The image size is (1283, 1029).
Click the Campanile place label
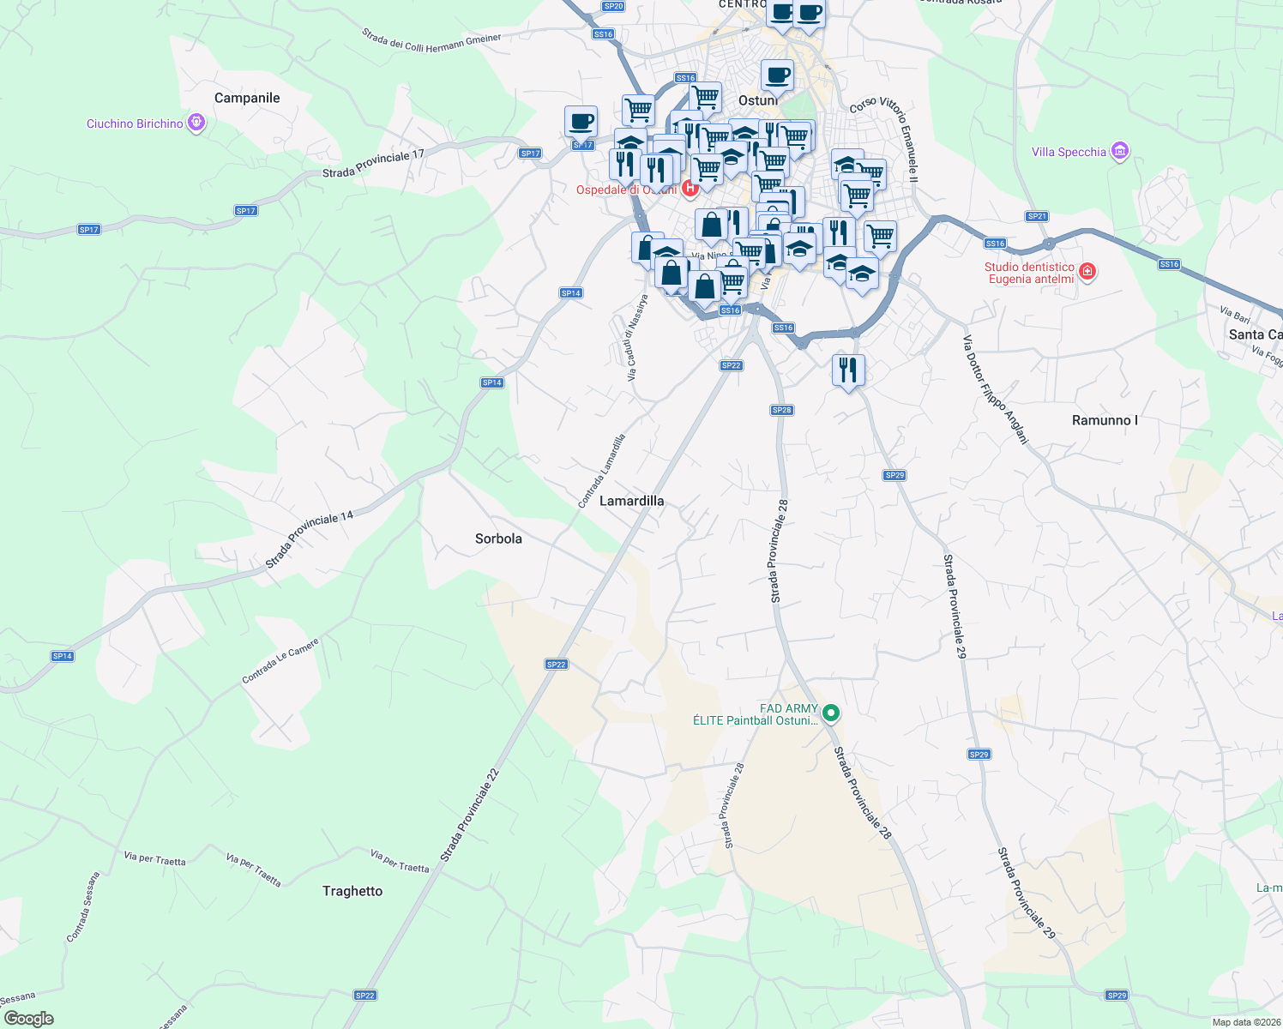(247, 98)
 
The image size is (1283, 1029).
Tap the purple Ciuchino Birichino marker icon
(196, 123)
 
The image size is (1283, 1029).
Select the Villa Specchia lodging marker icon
(1119, 152)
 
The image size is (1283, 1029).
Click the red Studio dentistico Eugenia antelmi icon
(1087, 273)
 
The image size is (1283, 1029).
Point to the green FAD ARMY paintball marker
(830, 713)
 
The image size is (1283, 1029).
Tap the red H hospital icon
(690, 188)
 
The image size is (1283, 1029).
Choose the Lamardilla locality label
(631, 501)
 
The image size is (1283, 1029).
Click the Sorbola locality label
(498, 539)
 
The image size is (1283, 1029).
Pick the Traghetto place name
(352, 891)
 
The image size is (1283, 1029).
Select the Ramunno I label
(1105, 420)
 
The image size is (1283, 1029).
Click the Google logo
(28, 1019)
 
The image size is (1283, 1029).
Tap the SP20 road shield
(613, 6)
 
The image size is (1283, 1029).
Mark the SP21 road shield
(1037, 216)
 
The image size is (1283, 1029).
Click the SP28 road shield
(781, 410)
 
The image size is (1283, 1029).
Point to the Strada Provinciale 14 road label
(309, 540)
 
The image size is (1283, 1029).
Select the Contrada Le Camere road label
(280, 660)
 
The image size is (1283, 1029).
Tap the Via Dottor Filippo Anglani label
(995, 389)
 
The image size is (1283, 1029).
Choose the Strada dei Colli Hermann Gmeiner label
(431, 41)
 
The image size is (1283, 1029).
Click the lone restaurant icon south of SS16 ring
(848, 370)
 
